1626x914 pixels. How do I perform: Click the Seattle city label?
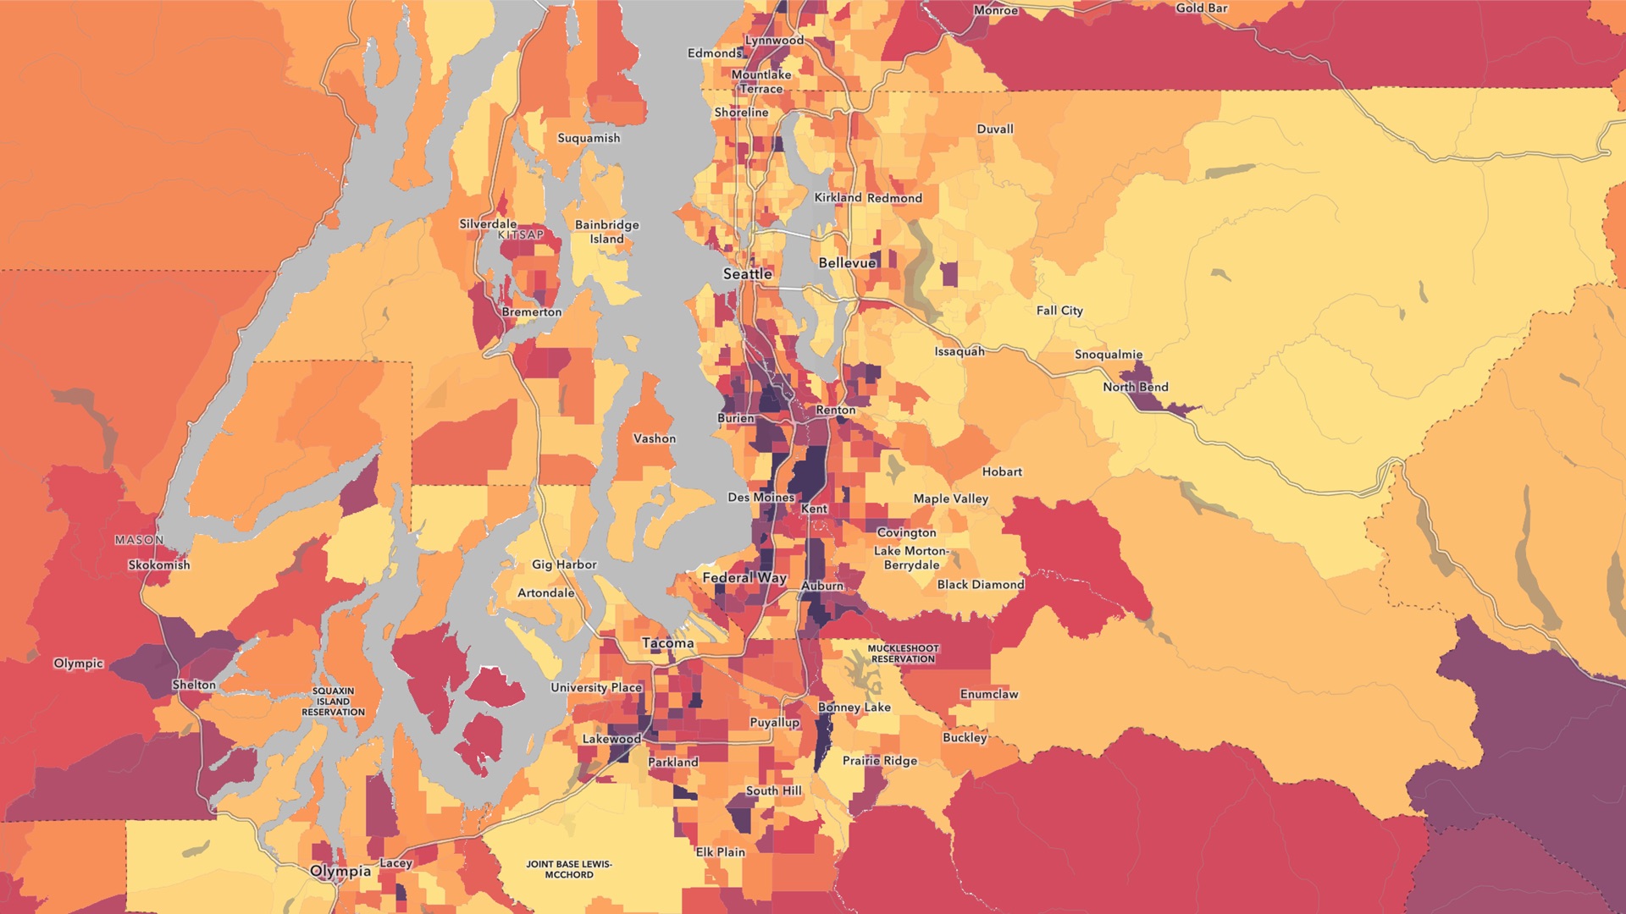(x=747, y=274)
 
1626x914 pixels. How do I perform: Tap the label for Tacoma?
(x=667, y=643)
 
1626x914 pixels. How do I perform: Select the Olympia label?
(x=340, y=871)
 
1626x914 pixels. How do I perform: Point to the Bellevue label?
(x=847, y=263)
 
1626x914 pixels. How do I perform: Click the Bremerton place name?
(x=531, y=312)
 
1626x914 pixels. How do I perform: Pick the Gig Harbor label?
(x=564, y=564)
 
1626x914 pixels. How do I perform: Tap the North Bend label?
(x=1135, y=387)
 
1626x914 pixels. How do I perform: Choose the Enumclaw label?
(x=988, y=694)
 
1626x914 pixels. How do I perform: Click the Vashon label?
(x=654, y=438)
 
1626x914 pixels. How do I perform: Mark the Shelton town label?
(x=194, y=685)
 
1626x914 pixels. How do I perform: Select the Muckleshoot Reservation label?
(x=903, y=653)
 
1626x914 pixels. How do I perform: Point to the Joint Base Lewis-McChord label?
(x=568, y=869)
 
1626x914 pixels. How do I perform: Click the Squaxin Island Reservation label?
(x=333, y=702)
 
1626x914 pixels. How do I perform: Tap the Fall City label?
(x=1059, y=311)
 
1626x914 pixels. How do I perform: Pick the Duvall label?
(x=994, y=129)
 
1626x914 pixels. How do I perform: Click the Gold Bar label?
(x=1201, y=8)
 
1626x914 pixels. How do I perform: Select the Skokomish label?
(x=159, y=564)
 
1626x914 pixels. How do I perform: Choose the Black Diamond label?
(x=980, y=585)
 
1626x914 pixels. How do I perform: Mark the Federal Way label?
(x=744, y=578)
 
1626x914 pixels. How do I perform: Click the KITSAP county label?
(x=521, y=235)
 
